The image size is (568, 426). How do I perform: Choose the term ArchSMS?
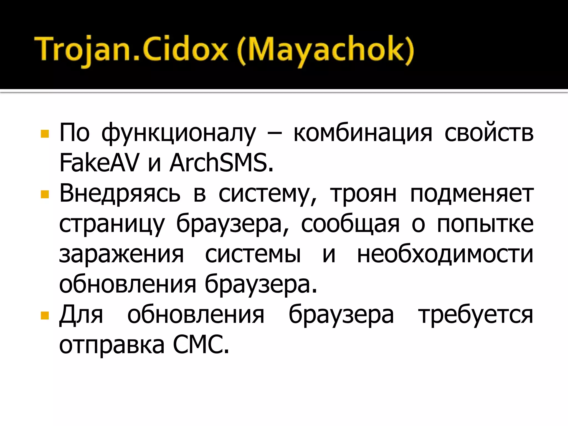[x=221, y=163]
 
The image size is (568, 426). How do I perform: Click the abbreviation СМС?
[x=201, y=345]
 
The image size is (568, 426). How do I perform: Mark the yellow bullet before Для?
[x=45, y=316]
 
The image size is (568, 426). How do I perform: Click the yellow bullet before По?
[x=45, y=134]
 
